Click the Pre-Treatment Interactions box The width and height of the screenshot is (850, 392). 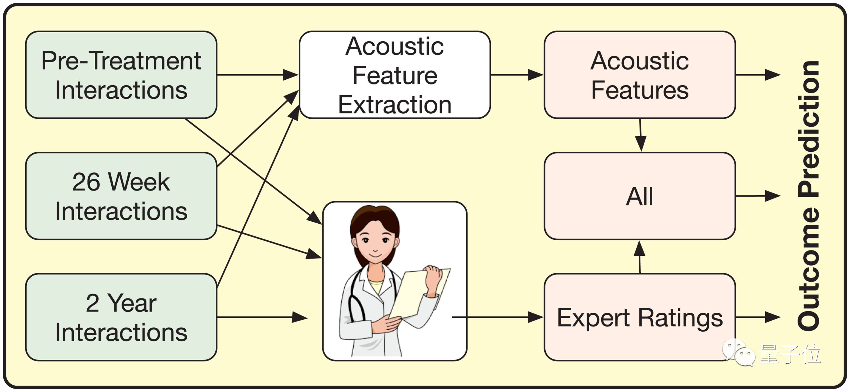pyautogui.click(x=121, y=75)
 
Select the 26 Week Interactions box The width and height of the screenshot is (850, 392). pyautogui.click(x=121, y=196)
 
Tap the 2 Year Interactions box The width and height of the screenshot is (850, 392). pyautogui.click(x=121, y=317)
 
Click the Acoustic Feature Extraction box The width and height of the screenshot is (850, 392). pyautogui.click(x=395, y=75)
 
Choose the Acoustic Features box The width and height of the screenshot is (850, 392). pyautogui.click(x=639, y=75)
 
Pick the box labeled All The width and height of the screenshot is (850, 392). pyautogui.click(x=639, y=196)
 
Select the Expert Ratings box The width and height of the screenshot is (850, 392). pyautogui.click(x=639, y=317)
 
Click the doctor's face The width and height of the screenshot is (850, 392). pyautogui.click(x=375, y=241)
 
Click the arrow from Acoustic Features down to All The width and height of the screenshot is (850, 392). pyautogui.click(x=640, y=135)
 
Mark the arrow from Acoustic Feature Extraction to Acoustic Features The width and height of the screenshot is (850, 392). pyautogui.click(x=517, y=75)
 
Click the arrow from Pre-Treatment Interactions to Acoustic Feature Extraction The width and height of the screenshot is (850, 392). pyautogui.click(x=257, y=75)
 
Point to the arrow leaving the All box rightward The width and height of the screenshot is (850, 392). pyautogui.click(x=758, y=196)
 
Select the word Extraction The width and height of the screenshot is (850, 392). pyautogui.click(x=395, y=105)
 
